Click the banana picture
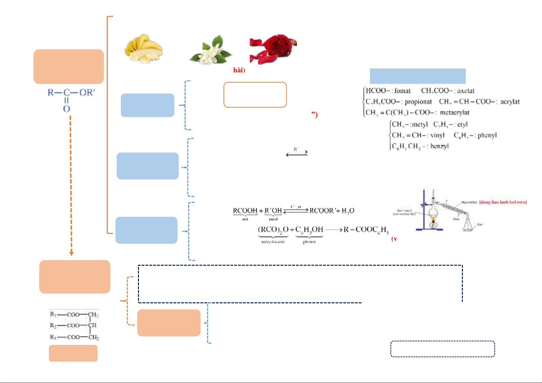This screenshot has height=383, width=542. click(x=143, y=49)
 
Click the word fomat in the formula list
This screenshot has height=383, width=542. click(x=402, y=91)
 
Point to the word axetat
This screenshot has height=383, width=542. click(x=466, y=91)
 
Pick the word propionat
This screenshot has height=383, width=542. click(x=418, y=102)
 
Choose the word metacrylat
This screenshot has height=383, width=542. click(x=455, y=113)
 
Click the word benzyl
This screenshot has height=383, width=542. click(x=439, y=146)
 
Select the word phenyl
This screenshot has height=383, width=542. click(x=487, y=135)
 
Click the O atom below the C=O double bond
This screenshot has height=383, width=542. click(x=67, y=109)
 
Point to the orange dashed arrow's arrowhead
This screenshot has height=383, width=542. click(x=71, y=254)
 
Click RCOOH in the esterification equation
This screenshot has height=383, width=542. click(x=245, y=211)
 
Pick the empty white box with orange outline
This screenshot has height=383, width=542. click(x=255, y=95)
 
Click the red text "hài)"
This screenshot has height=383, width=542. click(x=239, y=70)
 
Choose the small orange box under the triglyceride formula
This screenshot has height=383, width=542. click(x=73, y=353)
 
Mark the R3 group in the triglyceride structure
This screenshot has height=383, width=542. click(x=53, y=337)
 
